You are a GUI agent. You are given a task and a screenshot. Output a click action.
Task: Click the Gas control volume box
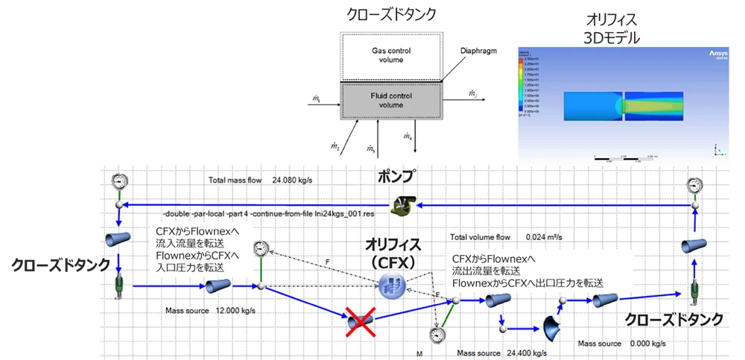point(391,55)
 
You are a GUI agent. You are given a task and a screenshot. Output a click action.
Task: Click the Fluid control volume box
point(391,101)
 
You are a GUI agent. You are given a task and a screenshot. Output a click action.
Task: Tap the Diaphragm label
point(478,51)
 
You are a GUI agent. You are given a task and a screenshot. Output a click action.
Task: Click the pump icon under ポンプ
point(404,203)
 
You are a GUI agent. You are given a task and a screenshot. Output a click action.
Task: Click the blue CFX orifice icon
point(391,286)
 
